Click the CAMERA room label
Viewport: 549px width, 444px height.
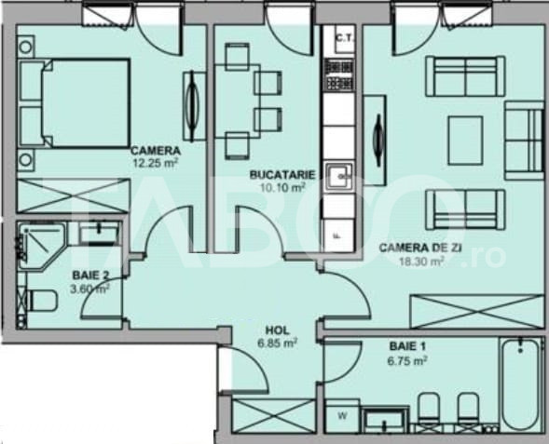(156, 151)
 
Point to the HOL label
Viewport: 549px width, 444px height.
(278, 330)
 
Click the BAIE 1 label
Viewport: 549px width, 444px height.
(407, 346)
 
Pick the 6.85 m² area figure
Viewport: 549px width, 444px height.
(278, 343)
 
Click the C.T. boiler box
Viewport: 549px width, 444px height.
(345, 38)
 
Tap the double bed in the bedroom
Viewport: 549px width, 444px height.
(75, 102)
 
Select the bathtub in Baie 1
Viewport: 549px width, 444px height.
(521, 383)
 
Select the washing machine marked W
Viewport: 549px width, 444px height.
(342, 416)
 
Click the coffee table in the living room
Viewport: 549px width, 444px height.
(465, 141)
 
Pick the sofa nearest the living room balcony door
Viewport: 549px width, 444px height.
(465, 76)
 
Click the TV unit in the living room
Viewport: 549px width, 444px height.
(375, 141)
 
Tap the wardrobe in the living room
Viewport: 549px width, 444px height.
(478, 312)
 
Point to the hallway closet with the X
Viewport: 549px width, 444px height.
(274, 416)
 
